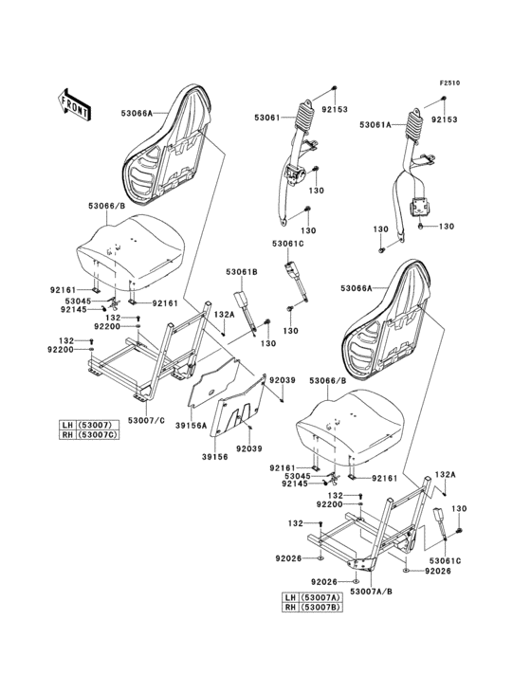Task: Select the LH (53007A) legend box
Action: click(x=313, y=597)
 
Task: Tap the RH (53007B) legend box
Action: click(x=313, y=608)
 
